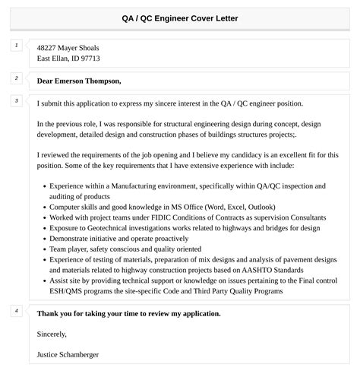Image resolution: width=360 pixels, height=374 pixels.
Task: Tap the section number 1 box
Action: (17, 46)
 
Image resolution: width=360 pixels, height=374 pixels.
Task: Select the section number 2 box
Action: (17, 78)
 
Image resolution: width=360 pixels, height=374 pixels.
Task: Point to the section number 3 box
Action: (17, 100)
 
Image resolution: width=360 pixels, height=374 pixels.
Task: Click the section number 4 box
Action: (17, 310)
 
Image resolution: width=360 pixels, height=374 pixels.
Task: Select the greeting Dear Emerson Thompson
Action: (79, 81)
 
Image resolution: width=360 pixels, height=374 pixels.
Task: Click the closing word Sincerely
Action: (52, 334)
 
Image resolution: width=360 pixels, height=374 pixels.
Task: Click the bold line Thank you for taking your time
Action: (128, 313)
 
